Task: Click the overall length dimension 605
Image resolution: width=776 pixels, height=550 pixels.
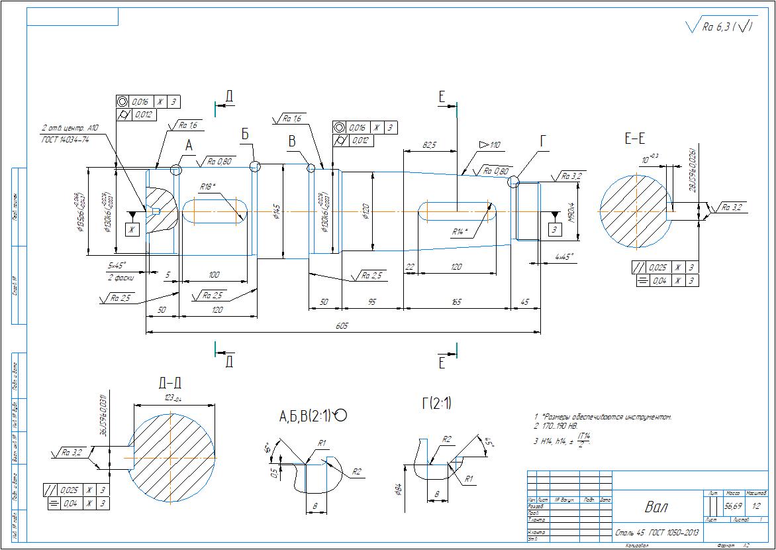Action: point(342,326)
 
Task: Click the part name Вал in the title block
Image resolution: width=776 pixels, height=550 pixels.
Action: point(656,508)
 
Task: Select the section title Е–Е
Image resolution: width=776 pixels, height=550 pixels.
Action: point(634,138)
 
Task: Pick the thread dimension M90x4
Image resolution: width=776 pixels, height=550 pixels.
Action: point(570,212)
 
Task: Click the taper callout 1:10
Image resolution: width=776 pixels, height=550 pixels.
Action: point(491,144)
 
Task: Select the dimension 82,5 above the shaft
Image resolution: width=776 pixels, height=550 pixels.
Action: point(430,144)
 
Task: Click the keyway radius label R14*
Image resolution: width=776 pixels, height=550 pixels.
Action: point(460,231)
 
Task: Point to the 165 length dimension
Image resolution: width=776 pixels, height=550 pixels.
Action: point(457,302)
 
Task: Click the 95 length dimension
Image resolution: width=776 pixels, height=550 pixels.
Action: point(372,302)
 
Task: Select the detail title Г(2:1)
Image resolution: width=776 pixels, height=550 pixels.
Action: point(437,402)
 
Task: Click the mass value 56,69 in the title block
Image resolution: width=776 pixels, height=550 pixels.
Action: point(732,506)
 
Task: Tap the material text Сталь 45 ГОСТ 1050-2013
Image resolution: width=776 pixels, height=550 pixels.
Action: point(656,531)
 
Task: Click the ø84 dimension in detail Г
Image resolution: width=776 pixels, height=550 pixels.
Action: point(397,490)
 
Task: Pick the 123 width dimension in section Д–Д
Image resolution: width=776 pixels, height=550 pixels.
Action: point(173,398)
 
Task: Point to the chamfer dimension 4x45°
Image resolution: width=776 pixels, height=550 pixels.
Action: point(564,256)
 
